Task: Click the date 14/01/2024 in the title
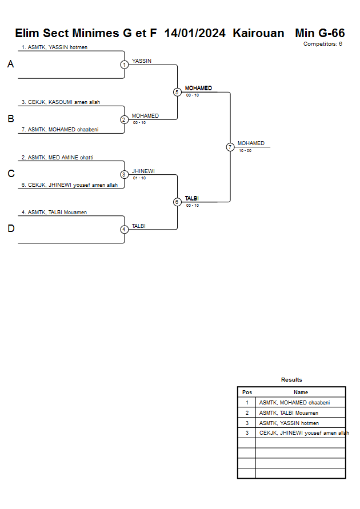click(195, 33)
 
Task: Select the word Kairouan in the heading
click(258, 33)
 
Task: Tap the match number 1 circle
click(124, 65)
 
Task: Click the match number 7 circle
click(230, 147)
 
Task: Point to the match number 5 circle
click(177, 92)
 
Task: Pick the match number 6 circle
click(177, 202)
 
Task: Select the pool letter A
click(10, 65)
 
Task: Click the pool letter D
click(10, 229)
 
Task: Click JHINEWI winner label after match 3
click(143, 171)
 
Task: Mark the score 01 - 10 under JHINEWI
click(139, 178)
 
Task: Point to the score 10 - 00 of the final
click(245, 150)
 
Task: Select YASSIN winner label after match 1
click(142, 61)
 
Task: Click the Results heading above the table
click(291, 380)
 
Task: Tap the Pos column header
click(247, 392)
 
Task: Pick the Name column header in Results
click(301, 392)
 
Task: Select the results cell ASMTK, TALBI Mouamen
click(289, 413)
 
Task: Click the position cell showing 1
click(247, 403)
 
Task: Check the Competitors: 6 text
click(323, 44)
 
